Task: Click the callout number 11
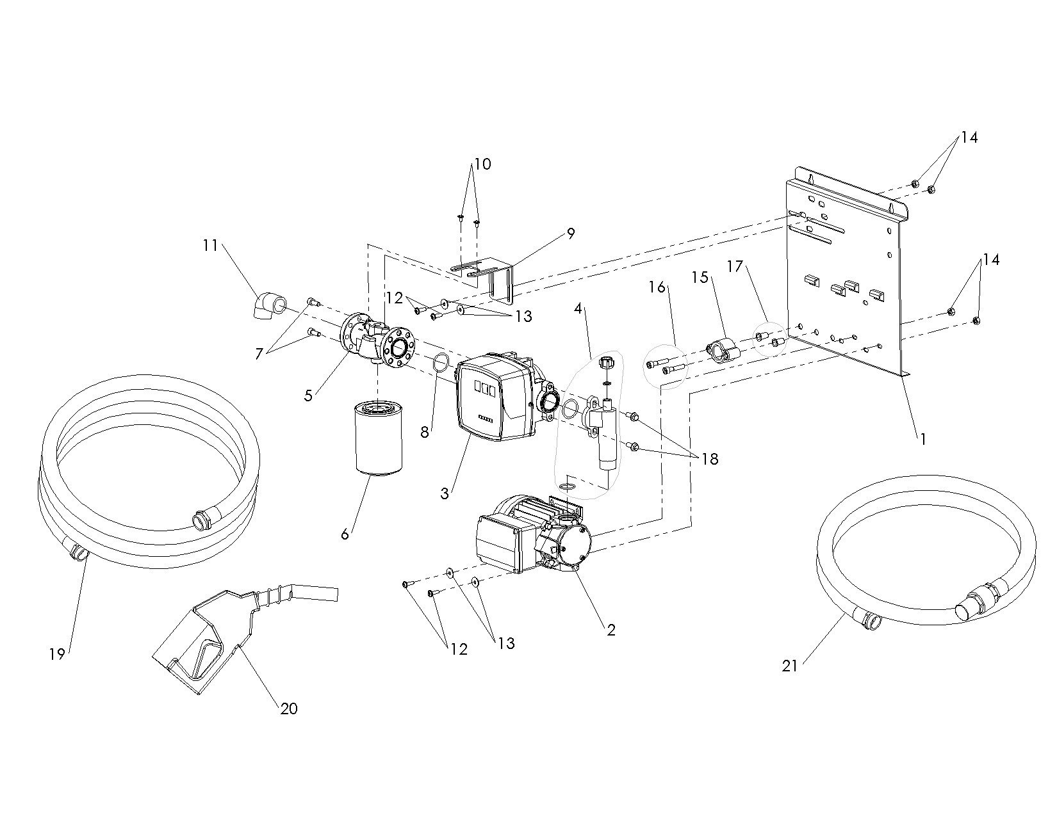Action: [211, 245]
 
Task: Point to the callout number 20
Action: [289, 709]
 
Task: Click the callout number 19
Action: [57, 654]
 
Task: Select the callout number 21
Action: [790, 666]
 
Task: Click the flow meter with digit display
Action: [494, 397]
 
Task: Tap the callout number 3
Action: [445, 493]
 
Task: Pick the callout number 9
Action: [571, 234]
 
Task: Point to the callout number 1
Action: [923, 440]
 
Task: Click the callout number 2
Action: [611, 630]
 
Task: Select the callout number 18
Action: [709, 459]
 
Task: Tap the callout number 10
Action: [482, 164]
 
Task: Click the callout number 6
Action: [345, 534]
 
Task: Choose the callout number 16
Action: [657, 287]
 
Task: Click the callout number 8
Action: [425, 432]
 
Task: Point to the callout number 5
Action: [309, 395]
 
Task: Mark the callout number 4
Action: [578, 308]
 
